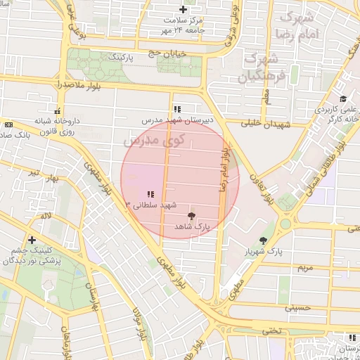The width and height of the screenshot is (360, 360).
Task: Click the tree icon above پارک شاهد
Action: click(192, 216)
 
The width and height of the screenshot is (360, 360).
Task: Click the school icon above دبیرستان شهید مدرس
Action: click(177, 109)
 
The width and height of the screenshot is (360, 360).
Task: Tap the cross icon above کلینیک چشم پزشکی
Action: click(32, 240)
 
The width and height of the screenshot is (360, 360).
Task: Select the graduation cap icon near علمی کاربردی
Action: click(342, 99)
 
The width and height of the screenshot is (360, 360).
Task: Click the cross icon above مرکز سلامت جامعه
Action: click(183, 10)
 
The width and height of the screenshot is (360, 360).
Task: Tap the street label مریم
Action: click(304, 268)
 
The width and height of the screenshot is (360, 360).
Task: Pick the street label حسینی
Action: click(297, 307)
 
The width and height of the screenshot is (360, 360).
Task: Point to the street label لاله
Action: click(46, 217)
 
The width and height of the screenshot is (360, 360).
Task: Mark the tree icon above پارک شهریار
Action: click(263, 240)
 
